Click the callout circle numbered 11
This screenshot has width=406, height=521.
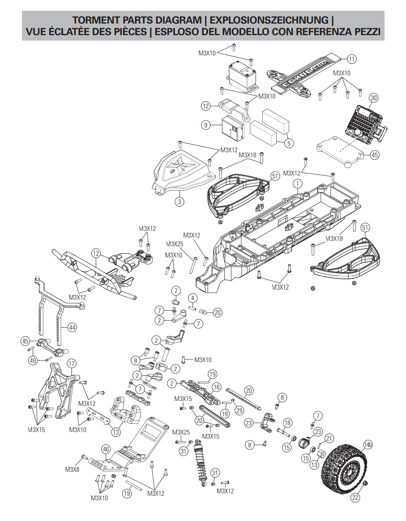[x=351, y=59]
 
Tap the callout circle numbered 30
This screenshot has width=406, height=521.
[x=373, y=98]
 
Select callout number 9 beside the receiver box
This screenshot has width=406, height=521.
[x=206, y=125]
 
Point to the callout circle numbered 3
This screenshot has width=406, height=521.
[x=179, y=202]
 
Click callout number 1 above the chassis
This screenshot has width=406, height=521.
[x=297, y=183]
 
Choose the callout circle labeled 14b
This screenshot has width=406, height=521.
[x=368, y=444]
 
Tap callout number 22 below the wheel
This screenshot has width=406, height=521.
[x=355, y=498]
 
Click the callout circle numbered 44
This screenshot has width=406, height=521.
[x=72, y=327]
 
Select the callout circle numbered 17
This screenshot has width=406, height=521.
[x=72, y=364]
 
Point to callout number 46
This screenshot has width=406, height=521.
[x=106, y=449]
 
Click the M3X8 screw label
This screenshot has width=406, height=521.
[x=72, y=469]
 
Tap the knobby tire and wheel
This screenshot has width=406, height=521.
[x=344, y=466]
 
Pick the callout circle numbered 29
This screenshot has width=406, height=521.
[x=240, y=411]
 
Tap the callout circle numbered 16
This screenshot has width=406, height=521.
[x=216, y=387]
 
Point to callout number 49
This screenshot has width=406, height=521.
[x=33, y=360]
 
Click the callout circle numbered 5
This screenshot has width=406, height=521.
[x=289, y=143]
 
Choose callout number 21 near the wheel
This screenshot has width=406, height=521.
[x=329, y=439]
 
